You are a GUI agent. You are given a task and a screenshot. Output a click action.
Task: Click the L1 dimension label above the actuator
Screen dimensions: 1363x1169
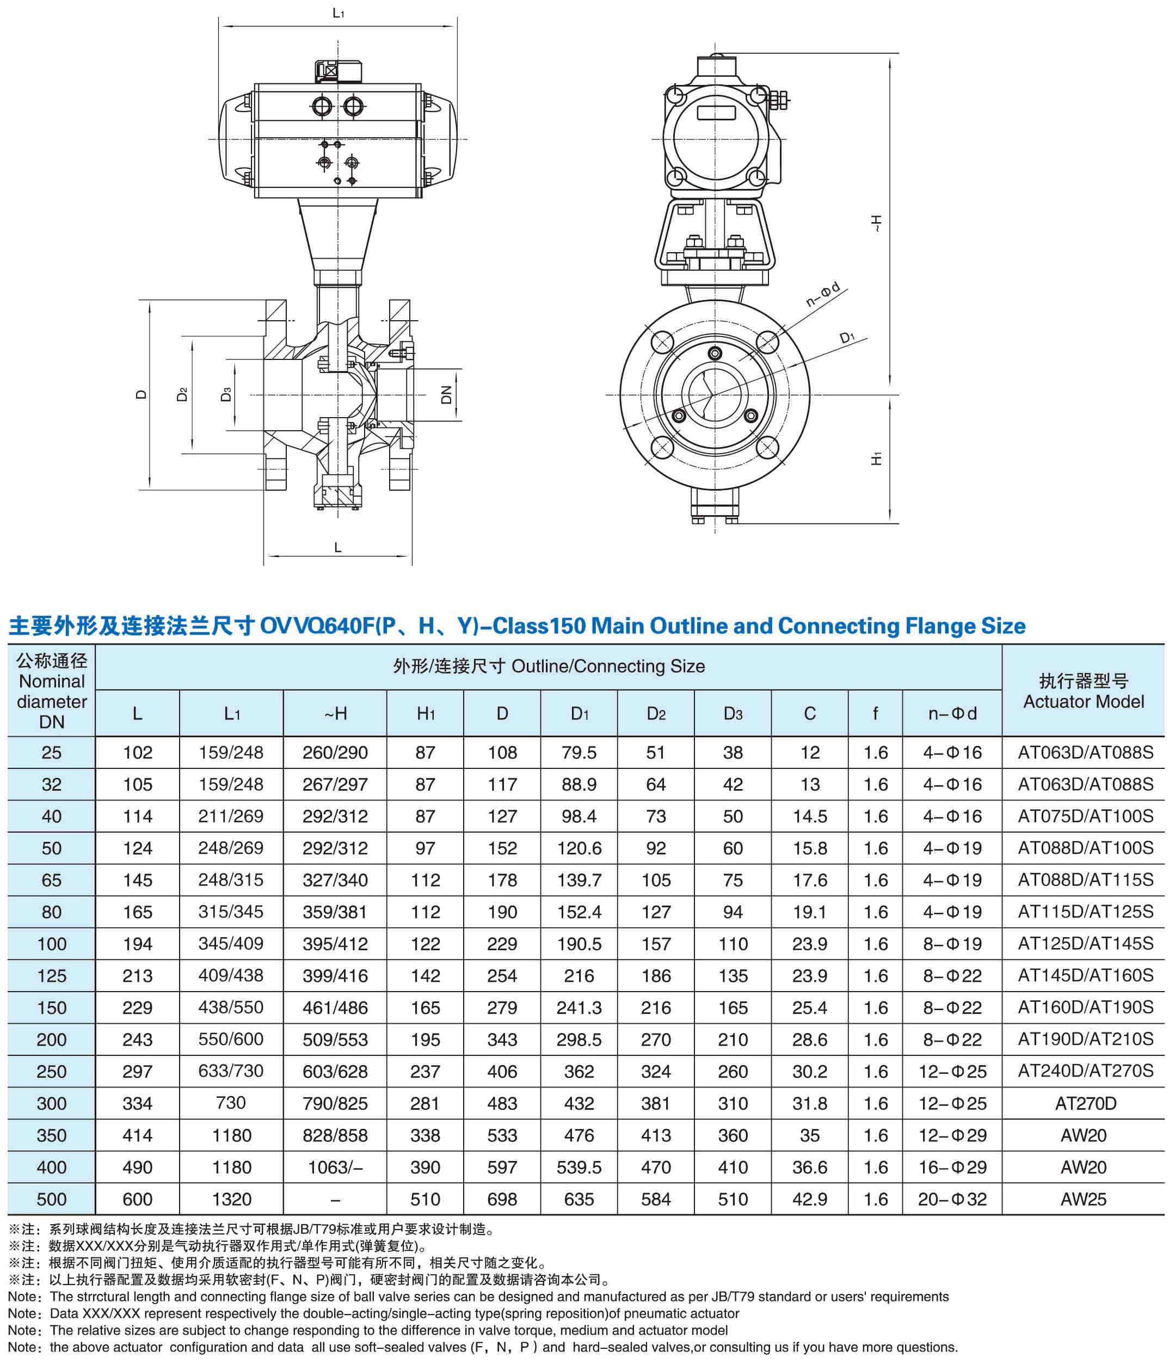(338, 13)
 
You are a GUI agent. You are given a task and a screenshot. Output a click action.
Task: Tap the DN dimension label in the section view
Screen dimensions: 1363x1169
(446, 395)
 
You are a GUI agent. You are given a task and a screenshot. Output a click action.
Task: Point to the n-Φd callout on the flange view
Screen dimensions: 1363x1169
(823, 295)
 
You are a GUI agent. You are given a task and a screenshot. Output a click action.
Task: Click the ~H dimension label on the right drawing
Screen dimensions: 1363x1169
(876, 224)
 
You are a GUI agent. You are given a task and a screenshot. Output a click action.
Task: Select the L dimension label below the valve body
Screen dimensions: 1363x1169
(338, 547)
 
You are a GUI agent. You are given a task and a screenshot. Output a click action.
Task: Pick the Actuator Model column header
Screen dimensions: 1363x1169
(1083, 690)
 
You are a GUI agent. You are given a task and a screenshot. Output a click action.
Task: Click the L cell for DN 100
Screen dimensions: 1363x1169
(137, 944)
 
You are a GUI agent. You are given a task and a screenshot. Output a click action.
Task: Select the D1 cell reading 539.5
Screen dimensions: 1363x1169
(579, 1167)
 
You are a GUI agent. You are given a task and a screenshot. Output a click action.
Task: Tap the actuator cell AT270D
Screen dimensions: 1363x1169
(1085, 1103)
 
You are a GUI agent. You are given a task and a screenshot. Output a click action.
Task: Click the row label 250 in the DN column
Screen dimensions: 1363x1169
(51, 1072)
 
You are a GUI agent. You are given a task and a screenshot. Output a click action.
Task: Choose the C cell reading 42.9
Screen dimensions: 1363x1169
(809, 1199)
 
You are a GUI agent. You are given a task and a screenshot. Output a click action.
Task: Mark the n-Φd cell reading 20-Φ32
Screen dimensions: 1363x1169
(951, 1199)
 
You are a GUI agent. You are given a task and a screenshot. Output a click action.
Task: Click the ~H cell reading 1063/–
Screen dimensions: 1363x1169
(335, 1167)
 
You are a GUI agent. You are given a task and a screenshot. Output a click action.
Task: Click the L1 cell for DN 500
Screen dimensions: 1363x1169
(231, 1199)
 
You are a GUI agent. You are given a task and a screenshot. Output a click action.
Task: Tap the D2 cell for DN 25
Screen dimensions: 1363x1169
(655, 753)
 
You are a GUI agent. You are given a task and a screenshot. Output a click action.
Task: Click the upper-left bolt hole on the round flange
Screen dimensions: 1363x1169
(662, 342)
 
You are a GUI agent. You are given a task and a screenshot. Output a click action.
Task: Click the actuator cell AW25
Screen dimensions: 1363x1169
(1083, 1199)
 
